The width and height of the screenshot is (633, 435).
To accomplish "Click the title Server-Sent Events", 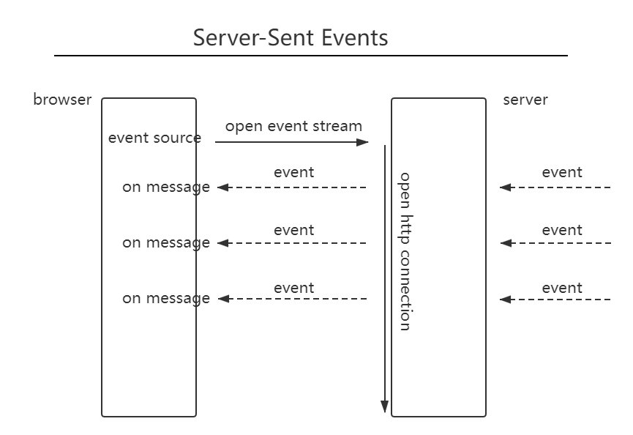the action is point(291,38).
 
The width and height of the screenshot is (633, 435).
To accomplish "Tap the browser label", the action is point(62,100).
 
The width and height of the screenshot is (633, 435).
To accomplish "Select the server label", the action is point(525,100).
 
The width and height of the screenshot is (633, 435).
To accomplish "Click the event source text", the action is point(154,138).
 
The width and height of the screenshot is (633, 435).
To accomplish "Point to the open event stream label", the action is point(293,126).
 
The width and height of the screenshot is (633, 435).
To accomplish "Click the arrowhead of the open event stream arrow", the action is point(362,142).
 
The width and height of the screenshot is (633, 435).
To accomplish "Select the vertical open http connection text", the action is point(405,252).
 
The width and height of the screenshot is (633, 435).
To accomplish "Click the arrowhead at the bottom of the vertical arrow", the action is point(385,406).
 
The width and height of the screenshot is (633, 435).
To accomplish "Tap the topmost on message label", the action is point(166,187).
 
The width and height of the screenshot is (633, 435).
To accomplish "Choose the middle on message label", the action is point(166,242).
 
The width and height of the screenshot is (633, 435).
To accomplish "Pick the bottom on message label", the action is point(166,299).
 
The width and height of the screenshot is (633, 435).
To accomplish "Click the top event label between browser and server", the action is point(293,173).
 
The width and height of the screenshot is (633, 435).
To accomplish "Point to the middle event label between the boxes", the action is point(293,230).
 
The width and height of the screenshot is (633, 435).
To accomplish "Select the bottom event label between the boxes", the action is point(293,288).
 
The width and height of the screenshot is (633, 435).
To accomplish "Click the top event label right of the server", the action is point(561,173).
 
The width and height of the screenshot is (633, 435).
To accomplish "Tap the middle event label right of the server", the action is point(561,230).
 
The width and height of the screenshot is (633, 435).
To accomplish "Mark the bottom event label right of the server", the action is point(561,288).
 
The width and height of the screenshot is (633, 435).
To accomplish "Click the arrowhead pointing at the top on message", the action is point(223,187).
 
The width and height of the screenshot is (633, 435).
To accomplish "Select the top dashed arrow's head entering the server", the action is point(506,187).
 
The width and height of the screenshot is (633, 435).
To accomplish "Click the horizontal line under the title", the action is point(311,56).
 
